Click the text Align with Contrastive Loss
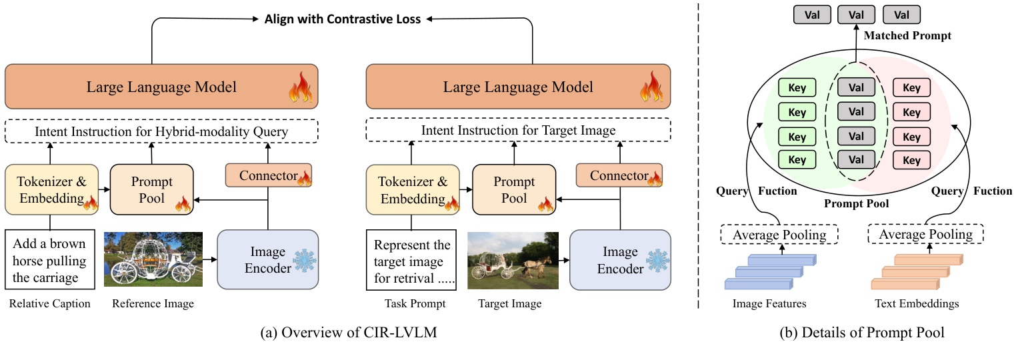[343, 19]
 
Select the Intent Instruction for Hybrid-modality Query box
[162, 131]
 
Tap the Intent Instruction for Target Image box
[518, 131]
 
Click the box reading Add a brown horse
[49, 259]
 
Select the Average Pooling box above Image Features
[779, 235]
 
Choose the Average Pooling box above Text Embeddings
[925, 235]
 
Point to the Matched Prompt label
[907, 35]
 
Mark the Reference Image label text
[153, 304]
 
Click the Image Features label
[769, 304]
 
